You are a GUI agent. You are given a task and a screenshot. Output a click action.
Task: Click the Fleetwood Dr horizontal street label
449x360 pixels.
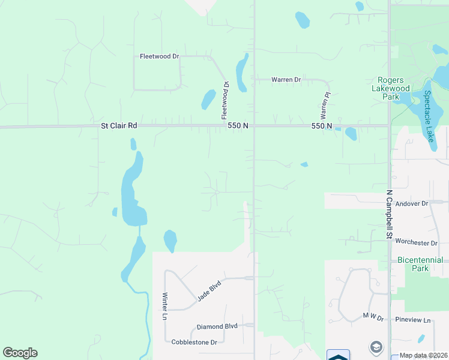pyautogui.click(x=160, y=56)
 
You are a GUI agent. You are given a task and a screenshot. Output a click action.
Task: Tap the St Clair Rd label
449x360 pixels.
pyautogui.click(x=119, y=126)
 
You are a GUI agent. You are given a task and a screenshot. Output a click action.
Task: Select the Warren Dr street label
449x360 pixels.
pyautogui.click(x=286, y=79)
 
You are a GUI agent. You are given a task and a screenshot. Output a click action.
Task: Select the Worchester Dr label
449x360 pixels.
pyautogui.click(x=417, y=242)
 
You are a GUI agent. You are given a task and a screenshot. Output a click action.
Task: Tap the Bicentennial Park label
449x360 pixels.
pyautogui.click(x=420, y=264)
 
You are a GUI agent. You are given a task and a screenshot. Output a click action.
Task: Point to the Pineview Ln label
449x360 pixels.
pyautogui.click(x=414, y=320)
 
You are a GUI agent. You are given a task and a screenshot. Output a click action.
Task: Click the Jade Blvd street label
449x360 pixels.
pyautogui.click(x=208, y=290)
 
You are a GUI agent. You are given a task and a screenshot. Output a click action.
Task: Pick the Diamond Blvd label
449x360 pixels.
pyautogui.click(x=217, y=326)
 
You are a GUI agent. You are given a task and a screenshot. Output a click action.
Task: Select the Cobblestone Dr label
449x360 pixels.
pyautogui.click(x=194, y=342)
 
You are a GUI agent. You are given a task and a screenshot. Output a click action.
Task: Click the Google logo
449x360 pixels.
pyautogui.click(x=20, y=353)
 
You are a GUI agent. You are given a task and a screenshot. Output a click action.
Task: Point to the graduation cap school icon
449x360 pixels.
pyautogui.click(x=376, y=347)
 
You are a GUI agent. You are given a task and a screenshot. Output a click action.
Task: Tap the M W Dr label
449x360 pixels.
pyautogui.click(x=373, y=316)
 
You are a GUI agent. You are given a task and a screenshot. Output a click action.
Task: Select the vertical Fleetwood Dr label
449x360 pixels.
pyautogui.click(x=226, y=100)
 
